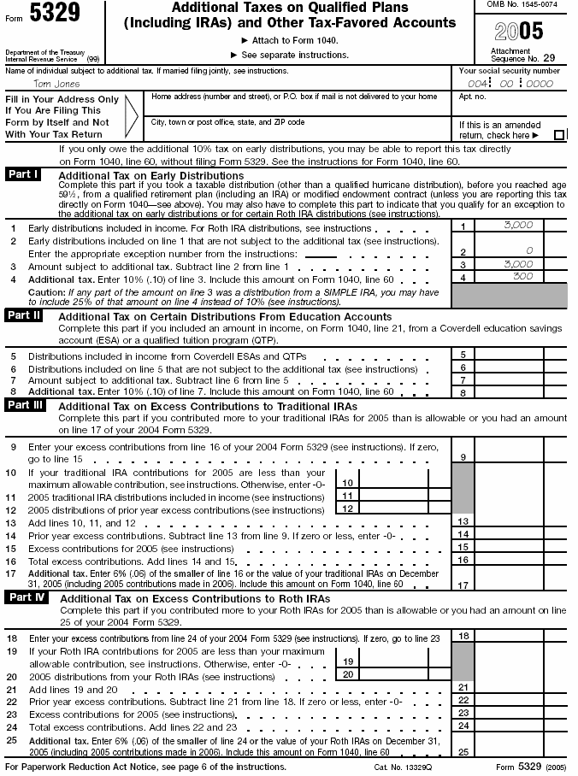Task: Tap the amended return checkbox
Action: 559,135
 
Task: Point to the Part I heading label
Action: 23,174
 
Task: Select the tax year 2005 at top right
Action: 519,32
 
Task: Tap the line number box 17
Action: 462,585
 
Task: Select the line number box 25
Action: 462,752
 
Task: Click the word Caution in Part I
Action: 47,291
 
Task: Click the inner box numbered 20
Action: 347,674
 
